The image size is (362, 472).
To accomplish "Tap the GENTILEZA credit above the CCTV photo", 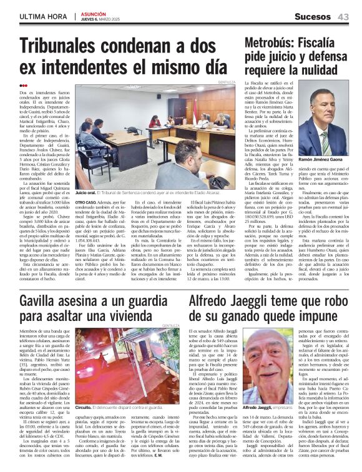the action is point(171,325).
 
